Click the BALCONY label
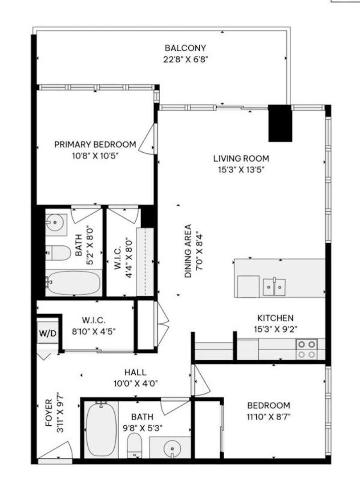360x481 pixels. pyautogui.click(x=185, y=48)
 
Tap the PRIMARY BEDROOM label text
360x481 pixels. pyautogui.click(x=95, y=145)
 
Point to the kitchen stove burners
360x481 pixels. pyautogui.click(x=307, y=349)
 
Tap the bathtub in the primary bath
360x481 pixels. pyautogui.click(x=73, y=283)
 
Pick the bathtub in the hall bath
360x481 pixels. pyautogui.click(x=101, y=428)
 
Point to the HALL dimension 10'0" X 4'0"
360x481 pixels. pyautogui.click(x=136, y=383)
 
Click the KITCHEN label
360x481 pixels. pyautogui.click(x=275, y=318)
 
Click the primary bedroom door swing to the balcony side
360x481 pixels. pyautogui.click(x=149, y=140)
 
